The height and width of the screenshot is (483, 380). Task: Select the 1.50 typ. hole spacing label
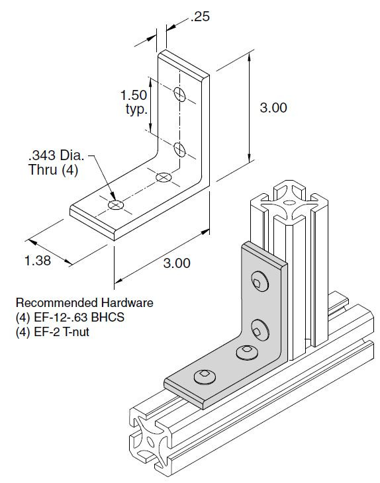click(134, 101)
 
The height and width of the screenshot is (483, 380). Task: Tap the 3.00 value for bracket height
click(273, 108)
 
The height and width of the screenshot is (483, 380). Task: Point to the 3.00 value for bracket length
click(177, 263)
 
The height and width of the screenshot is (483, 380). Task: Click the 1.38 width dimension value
click(38, 261)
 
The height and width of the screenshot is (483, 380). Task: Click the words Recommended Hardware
click(84, 302)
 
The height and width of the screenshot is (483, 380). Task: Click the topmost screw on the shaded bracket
click(260, 283)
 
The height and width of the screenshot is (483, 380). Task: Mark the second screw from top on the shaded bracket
click(260, 326)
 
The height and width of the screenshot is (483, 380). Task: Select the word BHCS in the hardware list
click(109, 317)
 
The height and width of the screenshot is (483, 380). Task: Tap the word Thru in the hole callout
click(42, 169)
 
